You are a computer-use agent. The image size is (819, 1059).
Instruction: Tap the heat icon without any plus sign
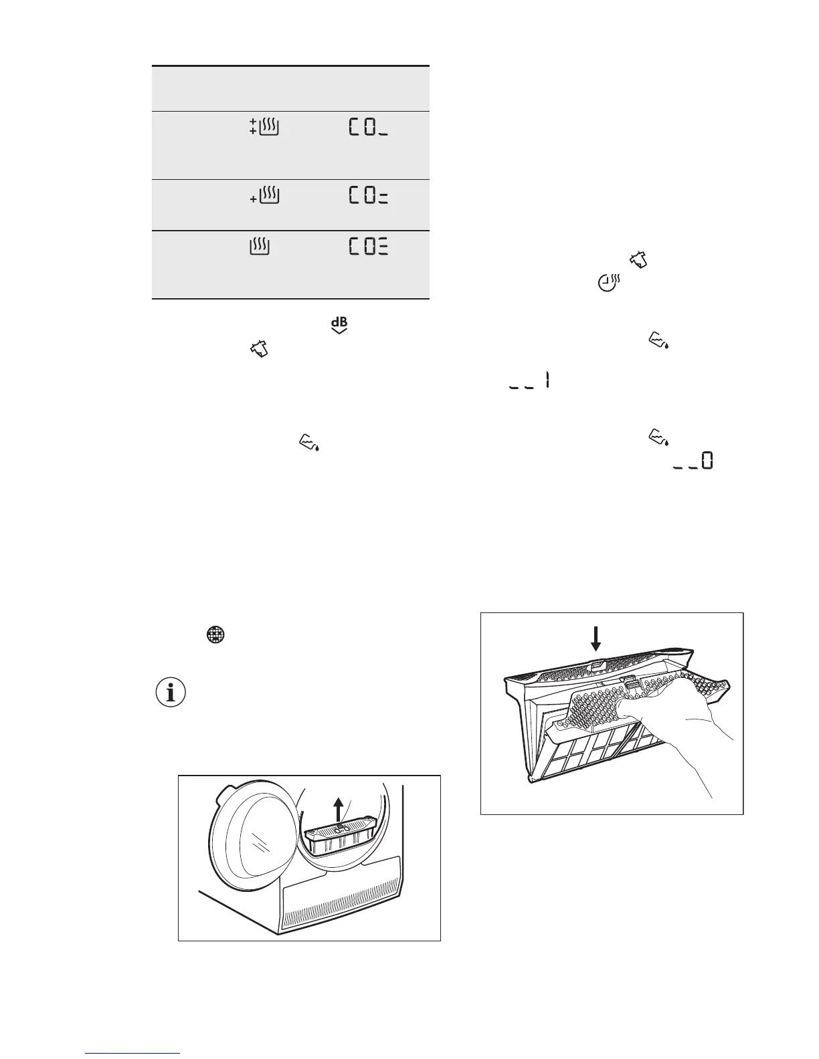pyautogui.click(x=259, y=247)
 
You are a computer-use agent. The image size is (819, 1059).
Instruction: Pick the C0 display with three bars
pyautogui.click(x=368, y=247)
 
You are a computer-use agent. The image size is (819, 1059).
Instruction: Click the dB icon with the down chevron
pyautogui.click(x=339, y=326)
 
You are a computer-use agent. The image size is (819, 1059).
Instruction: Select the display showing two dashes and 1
pyautogui.click(x=529, y=382)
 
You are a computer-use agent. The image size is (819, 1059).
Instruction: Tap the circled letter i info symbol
pyautogui.click(x=171, y=694)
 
